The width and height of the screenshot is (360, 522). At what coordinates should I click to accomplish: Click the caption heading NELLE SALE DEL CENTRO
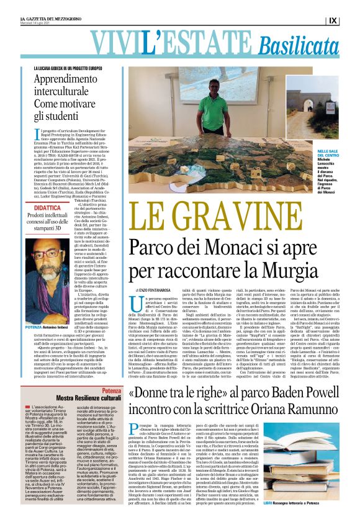coord(325,153)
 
